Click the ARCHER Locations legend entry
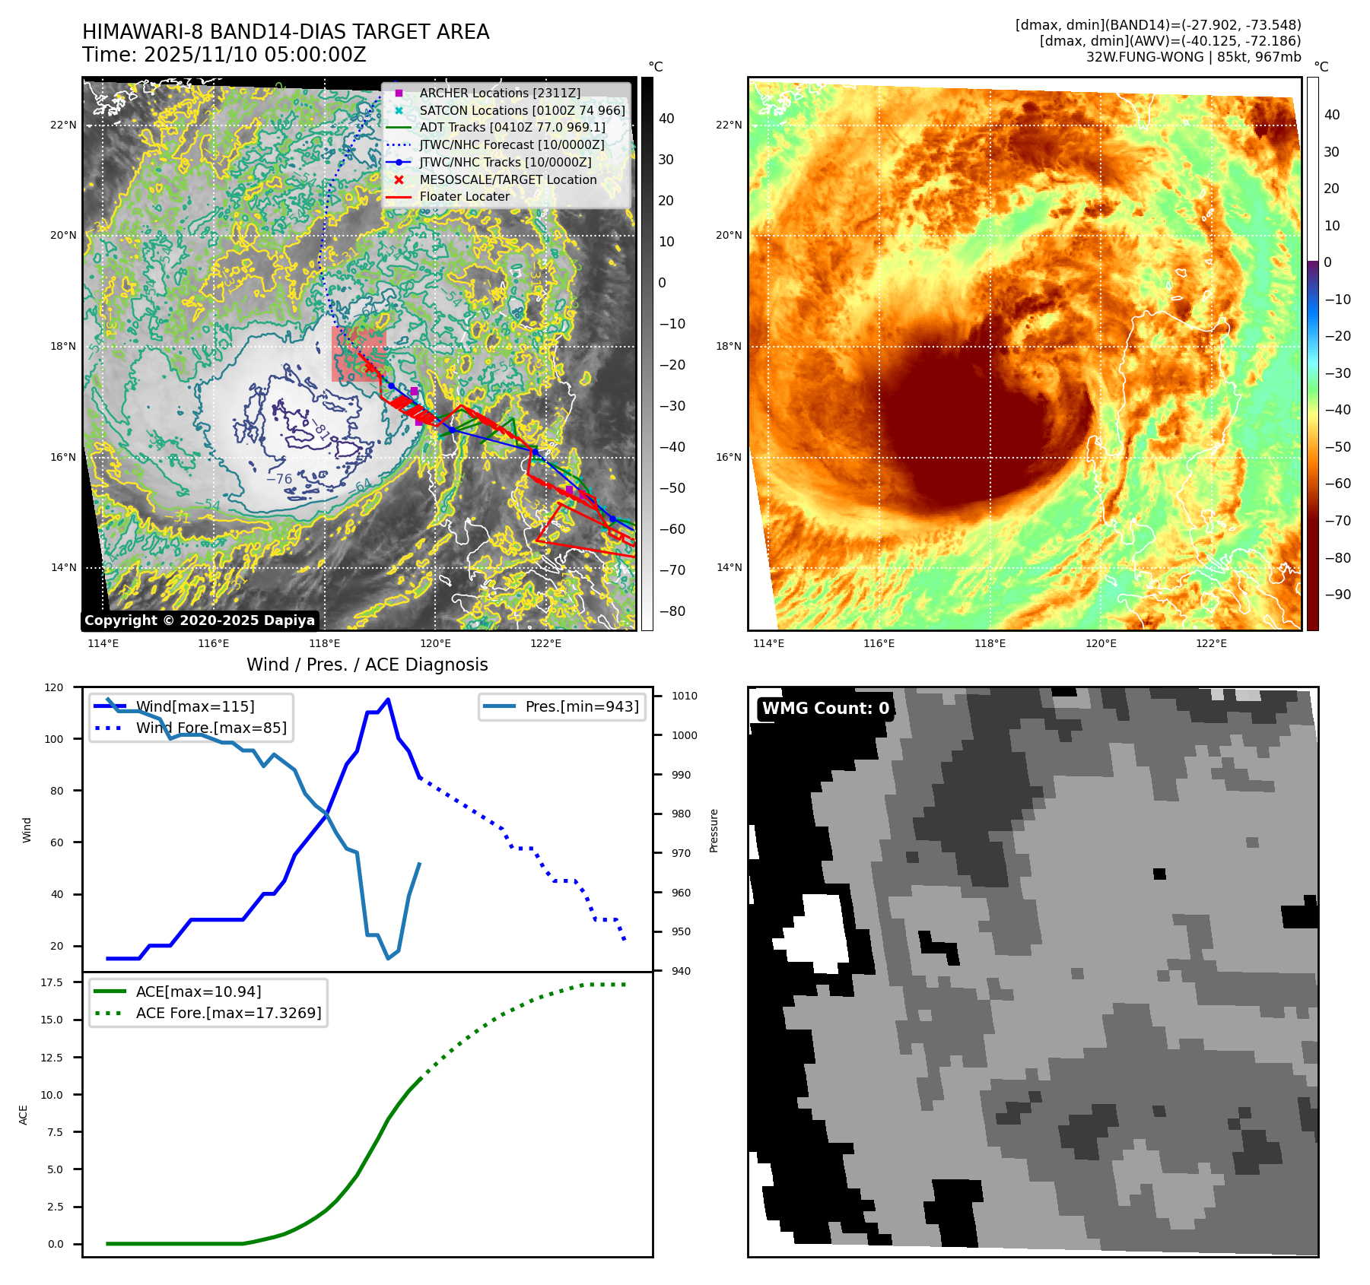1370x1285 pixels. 499,93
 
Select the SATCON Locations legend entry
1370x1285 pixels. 522,110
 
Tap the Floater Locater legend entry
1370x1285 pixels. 464,196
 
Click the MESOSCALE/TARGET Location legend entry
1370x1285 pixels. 507,179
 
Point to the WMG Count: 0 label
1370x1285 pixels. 825,709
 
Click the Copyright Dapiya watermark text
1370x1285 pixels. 199,620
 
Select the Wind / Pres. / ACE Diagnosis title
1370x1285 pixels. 367,665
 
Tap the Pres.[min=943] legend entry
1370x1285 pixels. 582,706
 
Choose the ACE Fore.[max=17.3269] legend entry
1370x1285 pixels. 228,1013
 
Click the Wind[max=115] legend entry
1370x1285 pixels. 195,706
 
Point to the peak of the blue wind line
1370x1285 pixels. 388,700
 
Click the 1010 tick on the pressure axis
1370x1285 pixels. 684,696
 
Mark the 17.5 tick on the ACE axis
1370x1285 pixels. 52,982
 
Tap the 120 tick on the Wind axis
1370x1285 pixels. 54,687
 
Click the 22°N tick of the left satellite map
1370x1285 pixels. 63,125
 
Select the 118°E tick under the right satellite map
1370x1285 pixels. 990,643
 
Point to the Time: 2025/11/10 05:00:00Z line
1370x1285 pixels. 224,55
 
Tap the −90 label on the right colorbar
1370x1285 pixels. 1337,595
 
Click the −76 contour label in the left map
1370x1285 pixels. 279,479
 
